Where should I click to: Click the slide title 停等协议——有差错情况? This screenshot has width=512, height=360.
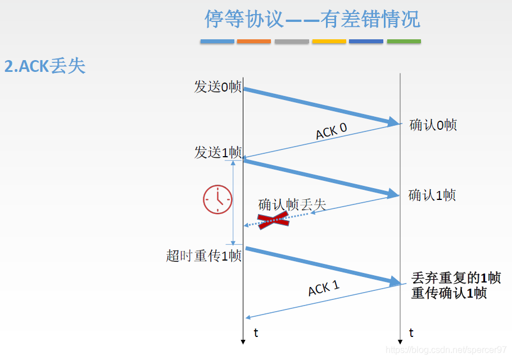click(x=312, y=20)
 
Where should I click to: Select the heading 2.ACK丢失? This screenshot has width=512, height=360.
click(x=45, y=66)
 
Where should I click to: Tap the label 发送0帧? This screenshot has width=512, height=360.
click(x=218, y=87)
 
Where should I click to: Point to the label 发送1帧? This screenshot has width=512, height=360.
click(x=218, y=152)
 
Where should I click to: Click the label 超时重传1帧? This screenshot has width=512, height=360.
click(x=204, y=256)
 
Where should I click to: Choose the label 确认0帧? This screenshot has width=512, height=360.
click(x=433, y=125)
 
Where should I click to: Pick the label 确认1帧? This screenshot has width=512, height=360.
click(x=432, y=195)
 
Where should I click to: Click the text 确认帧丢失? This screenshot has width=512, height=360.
click(x=292, y=204)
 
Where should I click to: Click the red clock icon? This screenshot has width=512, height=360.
click(x=218, y=199)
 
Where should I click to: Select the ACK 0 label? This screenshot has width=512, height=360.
click(x=331, y=131)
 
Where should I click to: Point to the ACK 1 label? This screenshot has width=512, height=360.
click(x=324, y=289)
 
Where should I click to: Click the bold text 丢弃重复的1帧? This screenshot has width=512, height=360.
click(x=456, y=279)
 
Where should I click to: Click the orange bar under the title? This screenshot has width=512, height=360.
click(x=254, y=42)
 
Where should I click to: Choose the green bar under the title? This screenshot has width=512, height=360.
click(x=404, y=42)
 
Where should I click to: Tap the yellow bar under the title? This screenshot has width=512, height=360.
click(x=329, y=42)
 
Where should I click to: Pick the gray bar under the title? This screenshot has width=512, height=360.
click(x=292, y=42)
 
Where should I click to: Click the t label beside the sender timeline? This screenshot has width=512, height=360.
click(x=256, y=333)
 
